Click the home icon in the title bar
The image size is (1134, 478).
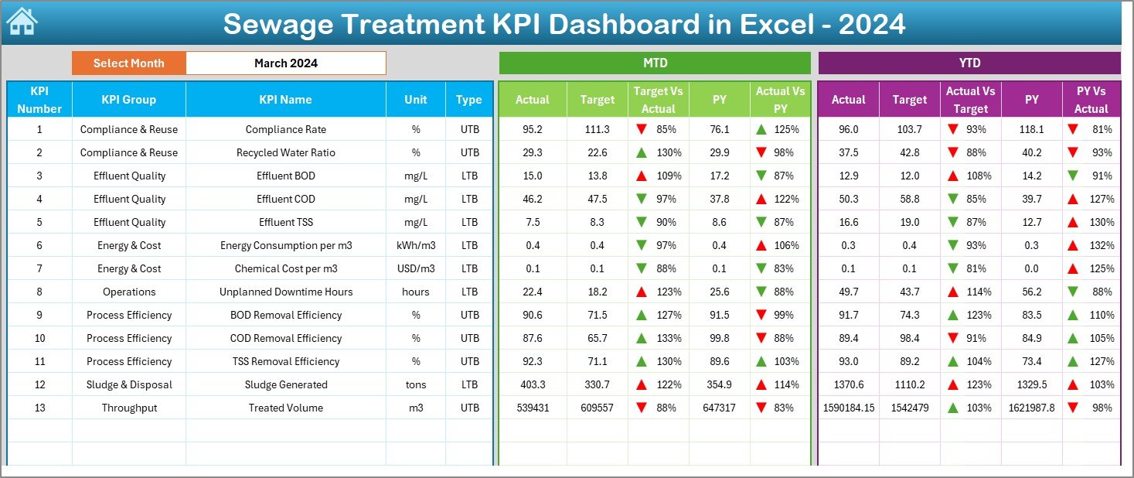coord(22,22)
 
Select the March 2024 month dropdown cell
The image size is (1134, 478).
coord(285,63)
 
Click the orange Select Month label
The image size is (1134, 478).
coord(128,63)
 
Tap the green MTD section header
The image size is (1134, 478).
coord(655,63)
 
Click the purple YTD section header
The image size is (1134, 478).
coord(969,63)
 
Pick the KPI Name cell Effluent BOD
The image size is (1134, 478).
coord(285,176)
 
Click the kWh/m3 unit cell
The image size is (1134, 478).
coord(416,245)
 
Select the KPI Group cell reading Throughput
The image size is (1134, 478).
coord(128,408)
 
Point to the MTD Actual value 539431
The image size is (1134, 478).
coord(532,408)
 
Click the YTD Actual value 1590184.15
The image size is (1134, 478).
coord(848,408)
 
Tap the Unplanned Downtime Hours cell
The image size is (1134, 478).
coord(285,292)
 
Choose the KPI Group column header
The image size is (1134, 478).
coord(128,100)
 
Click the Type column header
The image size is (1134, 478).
coord(468,100)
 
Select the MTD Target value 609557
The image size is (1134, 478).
coord(597,408)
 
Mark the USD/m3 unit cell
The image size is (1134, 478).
coord(416,268)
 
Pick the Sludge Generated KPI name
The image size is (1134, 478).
coord(285,384)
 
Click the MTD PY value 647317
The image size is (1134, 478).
coord(719,408)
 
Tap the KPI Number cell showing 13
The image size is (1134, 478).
coord(39,408)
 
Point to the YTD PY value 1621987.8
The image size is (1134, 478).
coord(1031,408)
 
